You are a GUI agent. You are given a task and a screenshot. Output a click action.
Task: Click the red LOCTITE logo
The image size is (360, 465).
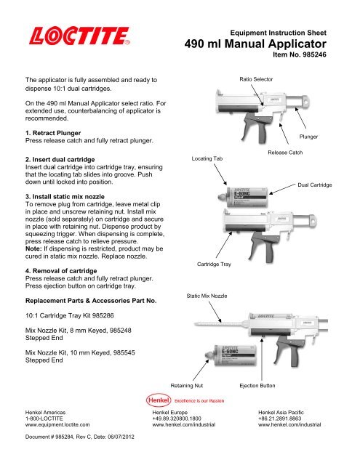(79, 36)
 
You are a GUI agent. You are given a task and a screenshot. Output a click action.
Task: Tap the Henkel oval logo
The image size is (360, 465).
(159, 400)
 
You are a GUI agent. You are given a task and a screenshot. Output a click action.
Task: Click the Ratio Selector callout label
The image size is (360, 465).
(256, 79)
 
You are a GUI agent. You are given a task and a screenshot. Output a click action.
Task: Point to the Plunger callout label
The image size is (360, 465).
(308, 137)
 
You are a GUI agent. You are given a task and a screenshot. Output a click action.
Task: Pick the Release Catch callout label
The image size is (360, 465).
(285, 153)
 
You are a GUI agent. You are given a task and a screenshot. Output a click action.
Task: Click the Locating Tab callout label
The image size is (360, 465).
(207, 158)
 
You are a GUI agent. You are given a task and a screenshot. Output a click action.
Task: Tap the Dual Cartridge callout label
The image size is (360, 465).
(315, 185)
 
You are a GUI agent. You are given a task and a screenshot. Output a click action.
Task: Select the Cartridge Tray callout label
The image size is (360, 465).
(214, 264)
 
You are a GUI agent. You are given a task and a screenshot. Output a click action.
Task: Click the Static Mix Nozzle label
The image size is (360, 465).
(207, 296)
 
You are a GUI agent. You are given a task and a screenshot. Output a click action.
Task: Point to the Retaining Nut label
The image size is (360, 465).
(187, 386)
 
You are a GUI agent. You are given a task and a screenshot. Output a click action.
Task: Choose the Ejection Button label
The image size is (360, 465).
(257, 386)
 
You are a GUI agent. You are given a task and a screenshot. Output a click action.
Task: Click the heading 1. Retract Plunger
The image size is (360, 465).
(53, 133)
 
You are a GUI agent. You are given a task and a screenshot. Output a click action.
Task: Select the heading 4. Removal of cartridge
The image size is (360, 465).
(61, 271)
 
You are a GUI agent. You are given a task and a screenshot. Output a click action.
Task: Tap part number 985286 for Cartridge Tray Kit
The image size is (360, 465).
(103, 315)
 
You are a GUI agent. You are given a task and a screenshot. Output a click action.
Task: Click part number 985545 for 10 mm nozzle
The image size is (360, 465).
(124, 352)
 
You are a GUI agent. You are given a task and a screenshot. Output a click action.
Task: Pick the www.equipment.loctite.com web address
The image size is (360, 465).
(57, 424)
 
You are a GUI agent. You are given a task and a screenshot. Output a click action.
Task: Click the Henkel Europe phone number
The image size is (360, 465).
(177, 418)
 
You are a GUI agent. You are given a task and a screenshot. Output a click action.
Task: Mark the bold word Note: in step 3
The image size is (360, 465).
(33, 248)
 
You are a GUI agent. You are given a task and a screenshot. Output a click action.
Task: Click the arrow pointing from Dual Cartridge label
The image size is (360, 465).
(282, 189)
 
